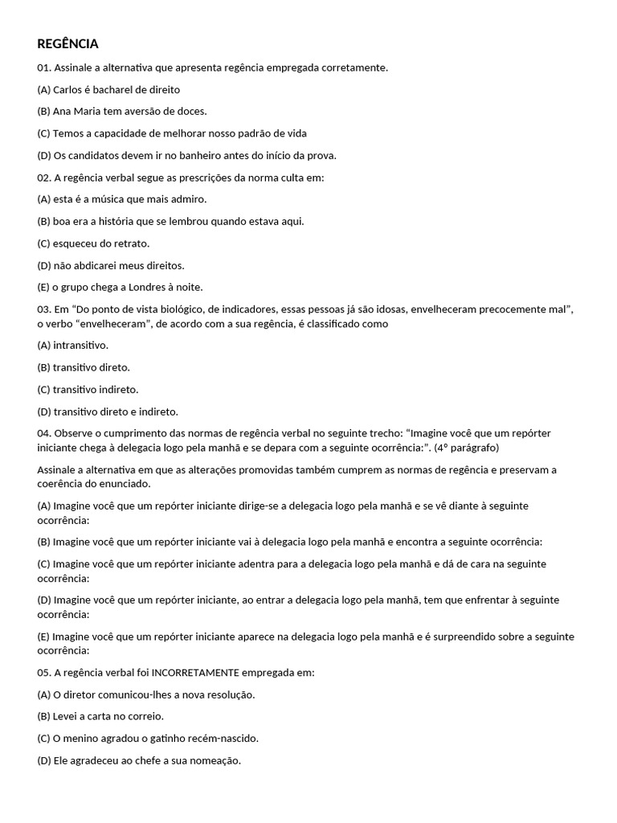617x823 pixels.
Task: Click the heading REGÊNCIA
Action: tap(67, 43)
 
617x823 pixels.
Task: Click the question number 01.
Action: tap(44, 68)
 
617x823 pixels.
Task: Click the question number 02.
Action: tap(44, 177)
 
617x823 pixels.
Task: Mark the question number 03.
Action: tap(44, 309)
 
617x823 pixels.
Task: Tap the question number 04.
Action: tap(44, 432)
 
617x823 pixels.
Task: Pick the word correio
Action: tap(145, 716)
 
